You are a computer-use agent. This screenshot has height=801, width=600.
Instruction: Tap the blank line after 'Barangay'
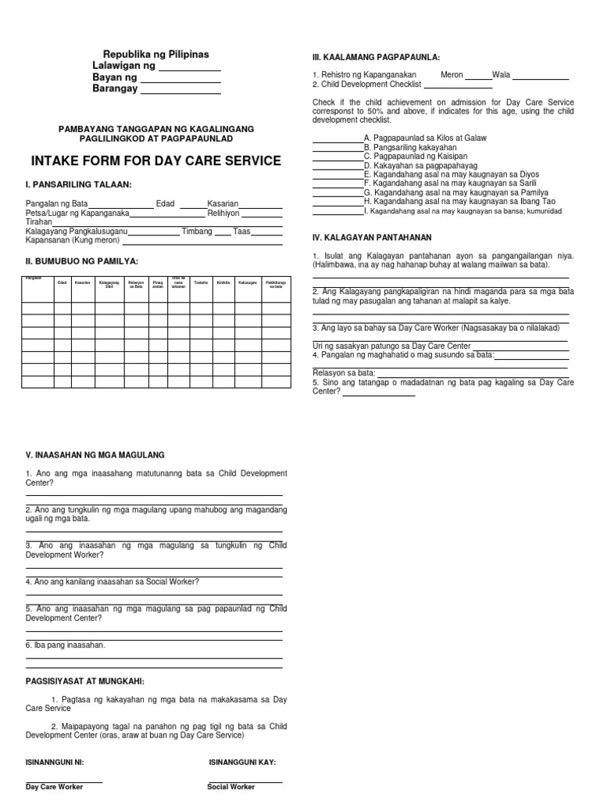[x=179, y=92]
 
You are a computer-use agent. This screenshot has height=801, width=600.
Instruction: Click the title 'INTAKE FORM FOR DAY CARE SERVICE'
[x=155, y=162]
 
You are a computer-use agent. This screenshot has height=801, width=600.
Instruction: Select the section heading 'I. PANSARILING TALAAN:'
[x=79, y=185]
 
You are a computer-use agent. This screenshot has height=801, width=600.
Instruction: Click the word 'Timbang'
[x=197, y=232]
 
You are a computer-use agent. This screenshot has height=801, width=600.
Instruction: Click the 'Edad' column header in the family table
[x=62, y=282]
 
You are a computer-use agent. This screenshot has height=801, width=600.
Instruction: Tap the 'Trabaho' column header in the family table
[x=201, y=282]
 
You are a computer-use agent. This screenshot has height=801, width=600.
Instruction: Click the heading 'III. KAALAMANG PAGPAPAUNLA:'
[x=376, y=58]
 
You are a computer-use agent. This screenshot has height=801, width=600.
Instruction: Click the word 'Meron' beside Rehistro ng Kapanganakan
[x=452, y=75]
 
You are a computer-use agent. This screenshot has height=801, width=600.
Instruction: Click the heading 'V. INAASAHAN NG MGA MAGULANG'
[x=95, y=455]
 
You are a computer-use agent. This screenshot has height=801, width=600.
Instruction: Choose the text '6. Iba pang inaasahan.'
[x=65, y=645]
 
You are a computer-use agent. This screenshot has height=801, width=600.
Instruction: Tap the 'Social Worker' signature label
[x=230, y=787]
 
